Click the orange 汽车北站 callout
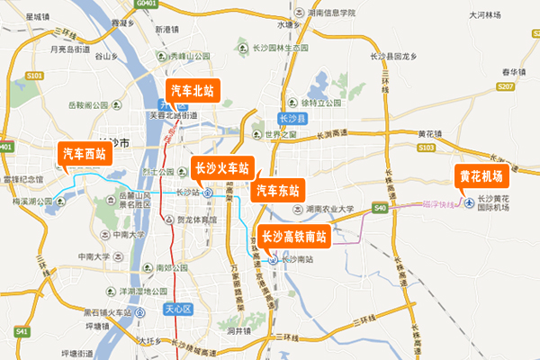192,91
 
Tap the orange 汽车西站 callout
84,154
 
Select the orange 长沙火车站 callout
220,168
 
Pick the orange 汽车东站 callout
277,190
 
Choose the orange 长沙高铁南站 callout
293,238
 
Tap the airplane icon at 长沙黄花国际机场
467,204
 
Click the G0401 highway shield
147,4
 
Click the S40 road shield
380,209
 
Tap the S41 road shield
22,332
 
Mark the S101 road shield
35,76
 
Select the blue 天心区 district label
177,309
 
